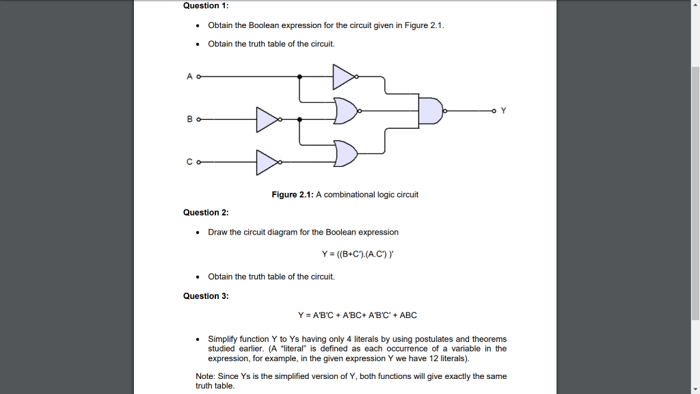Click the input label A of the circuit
(189, 77)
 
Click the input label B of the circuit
(189, 119)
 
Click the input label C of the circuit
(189, 162)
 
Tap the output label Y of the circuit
(504, 110)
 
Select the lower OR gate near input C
(346, 154)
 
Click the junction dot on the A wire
(299, 77)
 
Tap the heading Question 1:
(206, 5)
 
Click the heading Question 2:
(206, 213)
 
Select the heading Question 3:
(206, 296)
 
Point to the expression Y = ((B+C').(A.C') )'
(358, 254)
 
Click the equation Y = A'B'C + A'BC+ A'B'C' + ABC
(358, 315)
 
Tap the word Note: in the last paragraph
(206, 376)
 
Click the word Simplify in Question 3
(223, 339)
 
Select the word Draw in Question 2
(218, 233)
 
